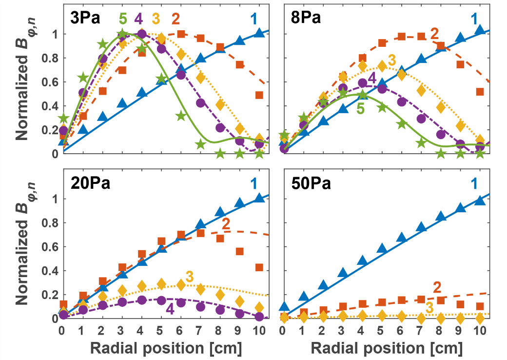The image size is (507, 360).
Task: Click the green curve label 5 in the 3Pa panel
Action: tap(123, 20)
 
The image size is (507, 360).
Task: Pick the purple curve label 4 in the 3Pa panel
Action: tap(138, 20)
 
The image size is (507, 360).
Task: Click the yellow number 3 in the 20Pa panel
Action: tap(190, 275)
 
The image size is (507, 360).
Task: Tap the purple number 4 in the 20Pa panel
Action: tap(170, 309)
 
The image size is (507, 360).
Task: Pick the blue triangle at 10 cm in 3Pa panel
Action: tap(259, 33)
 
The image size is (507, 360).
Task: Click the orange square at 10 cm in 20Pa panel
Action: tap(259, 267)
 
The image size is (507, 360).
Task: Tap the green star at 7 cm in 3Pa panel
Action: tap(200, 144)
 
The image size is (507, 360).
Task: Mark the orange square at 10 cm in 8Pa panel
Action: tap(480, 92)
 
